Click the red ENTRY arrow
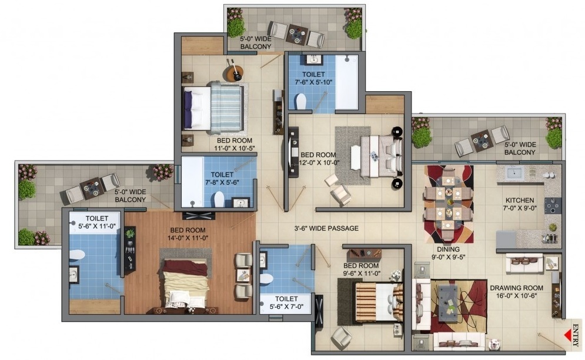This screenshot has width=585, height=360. (x=568, y=334)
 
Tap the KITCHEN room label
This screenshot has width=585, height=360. (x=520, y=200)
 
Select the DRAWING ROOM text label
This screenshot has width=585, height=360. (x=516, y=288)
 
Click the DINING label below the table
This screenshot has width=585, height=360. (x=448, y=249)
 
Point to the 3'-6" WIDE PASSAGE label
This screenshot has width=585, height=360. (x=326, y=228)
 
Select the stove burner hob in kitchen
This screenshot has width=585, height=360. (x=552, y=206)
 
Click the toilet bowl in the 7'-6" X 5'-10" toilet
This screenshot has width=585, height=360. (x=300, y=101)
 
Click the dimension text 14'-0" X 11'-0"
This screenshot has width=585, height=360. (x=188, y=238)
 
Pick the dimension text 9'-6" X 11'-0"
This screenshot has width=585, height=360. (x=361, y=274)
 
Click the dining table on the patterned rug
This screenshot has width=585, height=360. (x=448, y=203)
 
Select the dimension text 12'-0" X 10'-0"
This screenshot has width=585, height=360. (x=319, y=162)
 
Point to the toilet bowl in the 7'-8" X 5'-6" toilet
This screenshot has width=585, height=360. (x=219, y=199)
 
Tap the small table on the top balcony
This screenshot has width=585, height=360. (x=296, y=34)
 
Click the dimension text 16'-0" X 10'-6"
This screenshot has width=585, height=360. (x=516, y=296)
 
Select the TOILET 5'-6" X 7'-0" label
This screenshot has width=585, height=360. (x=286, y=303)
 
